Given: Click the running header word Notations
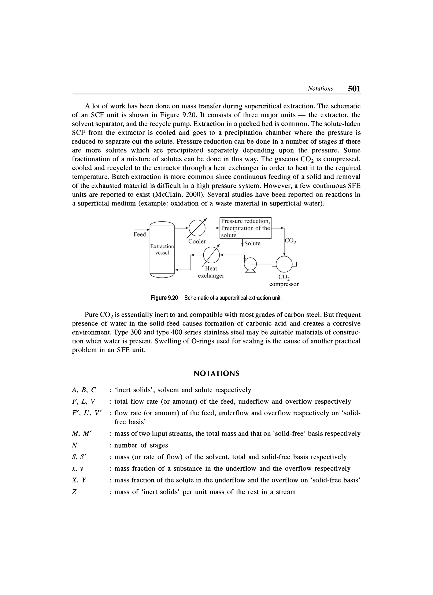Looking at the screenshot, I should coord(320,89).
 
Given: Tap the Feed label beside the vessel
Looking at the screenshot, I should coord(140,234).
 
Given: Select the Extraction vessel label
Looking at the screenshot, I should coord(162,249).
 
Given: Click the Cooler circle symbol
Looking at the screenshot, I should coord(197,228).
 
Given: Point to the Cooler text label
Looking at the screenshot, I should coord(197,241).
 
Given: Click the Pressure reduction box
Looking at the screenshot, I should coord(245,228).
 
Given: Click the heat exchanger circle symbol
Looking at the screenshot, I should coord(211,255).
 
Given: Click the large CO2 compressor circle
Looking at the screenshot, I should coord(284,264).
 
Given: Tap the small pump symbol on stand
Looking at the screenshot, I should coord(250,264).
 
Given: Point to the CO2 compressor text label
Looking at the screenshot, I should coord(284,281).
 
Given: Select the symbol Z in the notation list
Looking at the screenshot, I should coord(74,492).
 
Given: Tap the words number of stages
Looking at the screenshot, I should coord(141,445).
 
